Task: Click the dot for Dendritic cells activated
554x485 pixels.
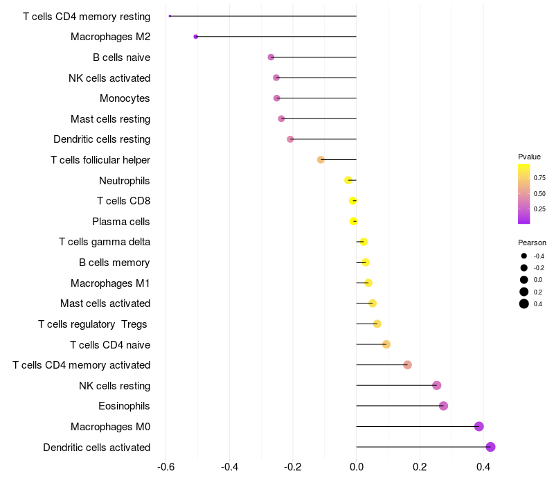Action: coord(490,447)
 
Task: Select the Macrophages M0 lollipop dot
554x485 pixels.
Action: coord(479,427)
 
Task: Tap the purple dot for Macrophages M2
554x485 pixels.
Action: coord(196,36)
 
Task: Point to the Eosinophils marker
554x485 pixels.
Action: coord(443,406)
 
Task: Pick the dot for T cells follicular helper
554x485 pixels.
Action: coord(321,159)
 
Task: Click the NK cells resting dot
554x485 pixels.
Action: coord(436,385)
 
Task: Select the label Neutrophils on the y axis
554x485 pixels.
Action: coord(125,181)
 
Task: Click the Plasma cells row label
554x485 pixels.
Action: coord(121,222)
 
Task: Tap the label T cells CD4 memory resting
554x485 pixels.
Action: coord(87,16)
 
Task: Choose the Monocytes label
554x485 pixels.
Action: coord(125,98)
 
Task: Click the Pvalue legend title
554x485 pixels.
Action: coord(529,157)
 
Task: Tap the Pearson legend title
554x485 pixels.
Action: coord(532,243)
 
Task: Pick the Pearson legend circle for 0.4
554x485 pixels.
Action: coord(524,303)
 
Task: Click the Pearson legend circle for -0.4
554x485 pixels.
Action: coord(524,256)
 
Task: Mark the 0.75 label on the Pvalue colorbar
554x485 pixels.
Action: coord(539,178)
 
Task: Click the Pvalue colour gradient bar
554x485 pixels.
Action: coord(524,194)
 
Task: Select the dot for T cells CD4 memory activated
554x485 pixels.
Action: coord(407,365)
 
